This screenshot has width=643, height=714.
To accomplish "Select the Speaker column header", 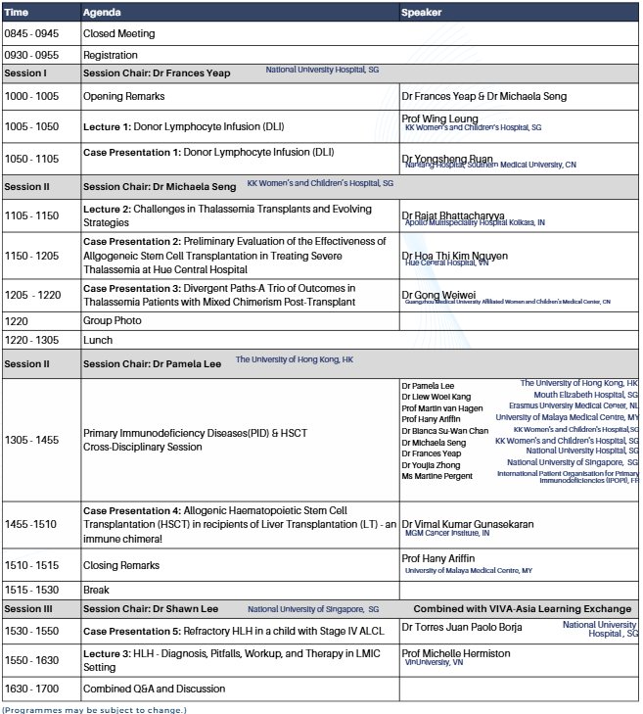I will [422, 13].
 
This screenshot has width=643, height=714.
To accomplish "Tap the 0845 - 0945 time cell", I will [31, 33].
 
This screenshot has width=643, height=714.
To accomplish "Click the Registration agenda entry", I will [111, 55].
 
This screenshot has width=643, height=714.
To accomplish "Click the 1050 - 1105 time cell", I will [31, 159].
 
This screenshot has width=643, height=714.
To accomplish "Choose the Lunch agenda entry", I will [98, 340].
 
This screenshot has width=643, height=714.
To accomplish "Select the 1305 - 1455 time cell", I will [31, 440].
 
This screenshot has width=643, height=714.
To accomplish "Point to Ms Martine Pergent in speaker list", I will [436, 476].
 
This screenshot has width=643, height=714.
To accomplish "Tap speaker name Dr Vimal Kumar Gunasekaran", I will [468, 524].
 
